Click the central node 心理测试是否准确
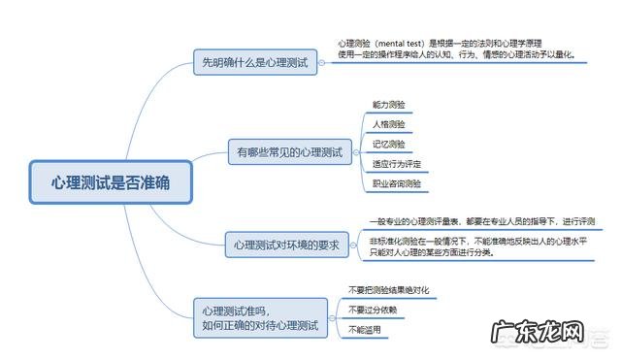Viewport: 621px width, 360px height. point(110,182)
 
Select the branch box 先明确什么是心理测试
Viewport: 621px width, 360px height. point(254,62)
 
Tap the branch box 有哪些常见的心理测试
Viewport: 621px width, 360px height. point(290,152)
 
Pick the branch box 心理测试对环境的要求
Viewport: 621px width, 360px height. point(286,245)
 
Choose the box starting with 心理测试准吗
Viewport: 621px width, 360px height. point(260,317)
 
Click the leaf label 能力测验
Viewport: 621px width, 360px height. point(388,104)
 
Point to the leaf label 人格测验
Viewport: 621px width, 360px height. point(388,124)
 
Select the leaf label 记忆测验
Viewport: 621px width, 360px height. point(388,144)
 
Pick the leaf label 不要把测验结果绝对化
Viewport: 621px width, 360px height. point(388,289)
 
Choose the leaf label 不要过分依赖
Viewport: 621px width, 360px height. point(372,310)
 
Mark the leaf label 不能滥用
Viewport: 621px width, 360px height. point(365,330)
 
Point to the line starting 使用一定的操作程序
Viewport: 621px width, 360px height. point(456,55)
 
